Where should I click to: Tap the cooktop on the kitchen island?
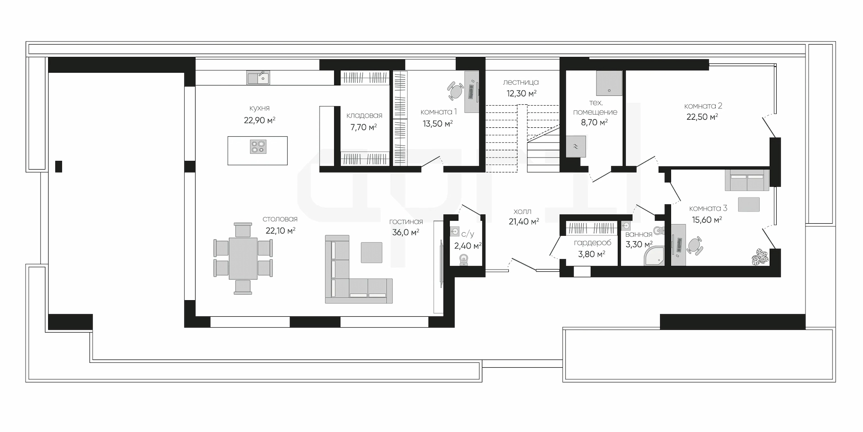pyautogui.click(x=258, y=147)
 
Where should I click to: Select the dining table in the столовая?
pyautogui.click(x=243, y=258)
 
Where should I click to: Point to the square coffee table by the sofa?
pyautogui.click(x=372, y=252)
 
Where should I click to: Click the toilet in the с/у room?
pyautogui.click(x=463, y=261)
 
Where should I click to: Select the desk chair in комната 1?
pyautogui.click(x=455, y=91)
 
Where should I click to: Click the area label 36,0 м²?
pyautogui.click(x=405, y=232)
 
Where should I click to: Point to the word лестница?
pyautogui.click(x=521, y=82)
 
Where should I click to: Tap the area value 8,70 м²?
pyautogui.click(x=595, y=122)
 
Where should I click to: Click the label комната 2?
pyautogui.click(x=703, y=106)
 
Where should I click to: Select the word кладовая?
pyautogui.click(x=364, y=116)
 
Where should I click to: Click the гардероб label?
pyautogui.click(x=592, y=243)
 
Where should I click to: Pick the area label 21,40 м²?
pyautogui.click(x=524, y=221)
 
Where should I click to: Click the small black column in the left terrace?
pyautogui.click(x=58, y=166)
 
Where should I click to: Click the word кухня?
pyautogui.click(x=259, y=108)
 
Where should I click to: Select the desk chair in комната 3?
pyautogui.click(x=695, y=246)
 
